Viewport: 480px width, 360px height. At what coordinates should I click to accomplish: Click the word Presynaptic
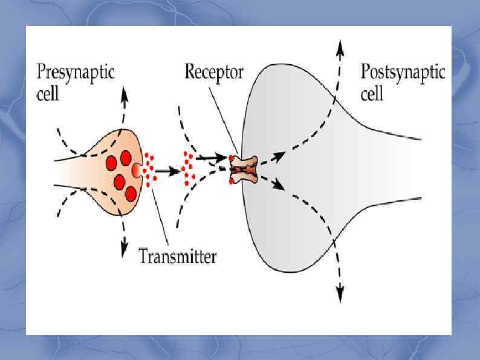tap(76, 74)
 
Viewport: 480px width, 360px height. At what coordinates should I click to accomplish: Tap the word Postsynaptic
tap(402, 74)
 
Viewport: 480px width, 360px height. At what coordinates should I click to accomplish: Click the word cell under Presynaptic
tap(48, 94)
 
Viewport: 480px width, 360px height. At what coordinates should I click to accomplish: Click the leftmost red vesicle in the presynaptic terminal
tap(111, 163)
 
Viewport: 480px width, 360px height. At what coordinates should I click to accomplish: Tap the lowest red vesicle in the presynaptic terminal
tap(131, 193)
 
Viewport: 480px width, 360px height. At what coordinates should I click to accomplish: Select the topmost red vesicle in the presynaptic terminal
tap(126, 158)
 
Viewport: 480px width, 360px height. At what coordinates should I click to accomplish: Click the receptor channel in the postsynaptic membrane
tap(245, 169)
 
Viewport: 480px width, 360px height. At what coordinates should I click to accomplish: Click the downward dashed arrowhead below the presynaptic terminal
tap(125, 247)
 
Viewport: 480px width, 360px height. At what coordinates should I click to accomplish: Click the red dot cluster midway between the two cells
tap(188, 168)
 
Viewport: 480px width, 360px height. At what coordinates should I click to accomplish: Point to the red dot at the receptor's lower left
tap(232, 181)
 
